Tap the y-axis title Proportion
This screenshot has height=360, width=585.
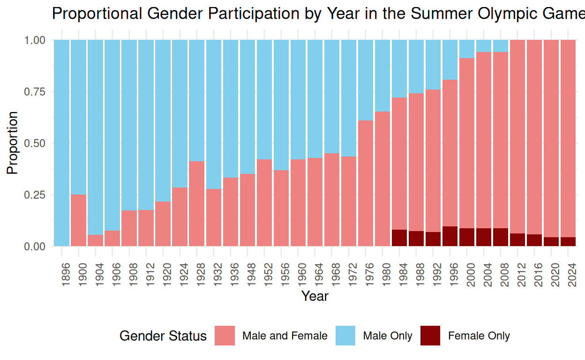point(13,143)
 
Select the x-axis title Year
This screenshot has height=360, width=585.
point(315,296)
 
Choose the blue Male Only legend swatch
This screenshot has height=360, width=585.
point(345,336)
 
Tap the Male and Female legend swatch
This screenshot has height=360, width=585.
point(225,336)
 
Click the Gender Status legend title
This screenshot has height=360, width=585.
point(163,336)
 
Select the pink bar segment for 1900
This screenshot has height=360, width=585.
point(79,220)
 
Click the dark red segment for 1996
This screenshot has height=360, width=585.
point(450,236)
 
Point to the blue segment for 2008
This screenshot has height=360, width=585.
point(501,46)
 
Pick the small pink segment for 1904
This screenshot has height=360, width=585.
point(96,240)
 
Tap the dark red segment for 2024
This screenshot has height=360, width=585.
point(568,241)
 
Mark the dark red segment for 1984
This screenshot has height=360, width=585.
point(399,238)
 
